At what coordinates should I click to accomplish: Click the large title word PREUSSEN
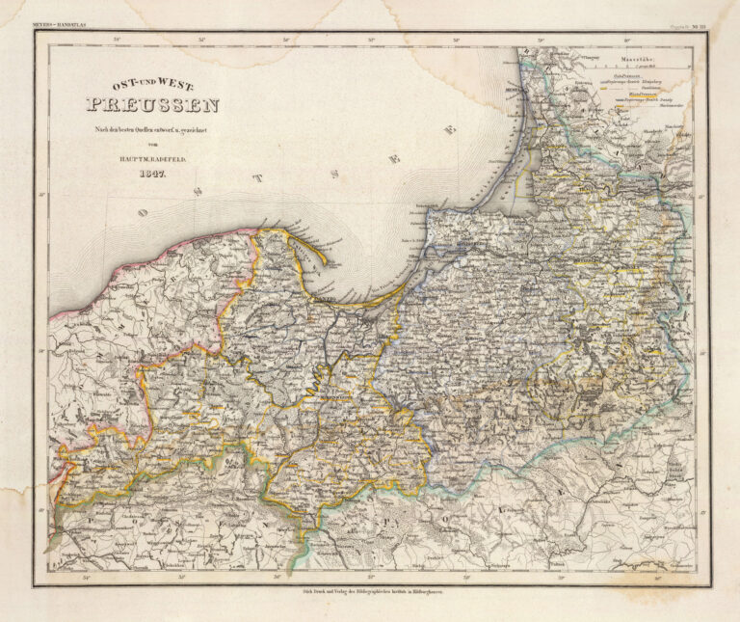pos(153,105)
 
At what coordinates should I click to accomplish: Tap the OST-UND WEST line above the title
pos(153,86)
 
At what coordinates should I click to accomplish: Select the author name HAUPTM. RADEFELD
pos(153,159)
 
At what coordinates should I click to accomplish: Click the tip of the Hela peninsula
pos(326,262)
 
